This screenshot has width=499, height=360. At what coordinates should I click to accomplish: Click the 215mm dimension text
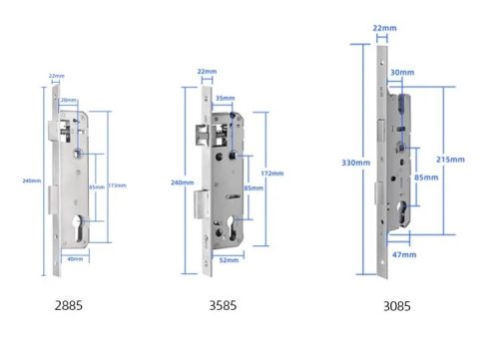coord(451,160)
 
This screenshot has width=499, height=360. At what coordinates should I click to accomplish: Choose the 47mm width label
coord(402,256)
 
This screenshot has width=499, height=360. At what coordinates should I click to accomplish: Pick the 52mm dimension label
coord(228,259)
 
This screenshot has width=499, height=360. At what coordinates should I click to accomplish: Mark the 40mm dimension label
coord(73,257)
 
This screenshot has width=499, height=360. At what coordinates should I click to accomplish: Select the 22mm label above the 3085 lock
coord(381,28)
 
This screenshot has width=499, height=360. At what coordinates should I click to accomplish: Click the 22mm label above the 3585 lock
coord(207,72)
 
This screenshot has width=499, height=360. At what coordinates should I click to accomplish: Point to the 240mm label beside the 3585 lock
coord(183,182)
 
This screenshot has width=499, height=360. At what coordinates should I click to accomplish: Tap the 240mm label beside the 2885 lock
coord(31,180)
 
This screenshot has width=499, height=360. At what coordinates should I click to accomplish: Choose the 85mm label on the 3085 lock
coord(424,178)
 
